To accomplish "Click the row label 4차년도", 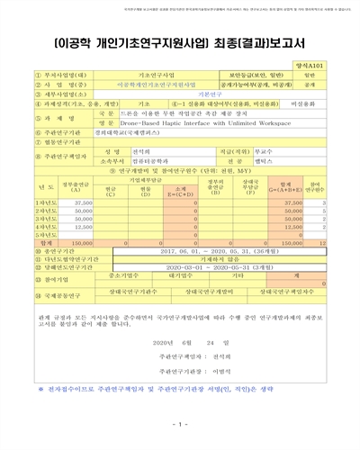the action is click(36, 227).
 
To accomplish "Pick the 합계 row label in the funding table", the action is click(36, 242).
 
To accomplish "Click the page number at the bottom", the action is click(181, 425).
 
